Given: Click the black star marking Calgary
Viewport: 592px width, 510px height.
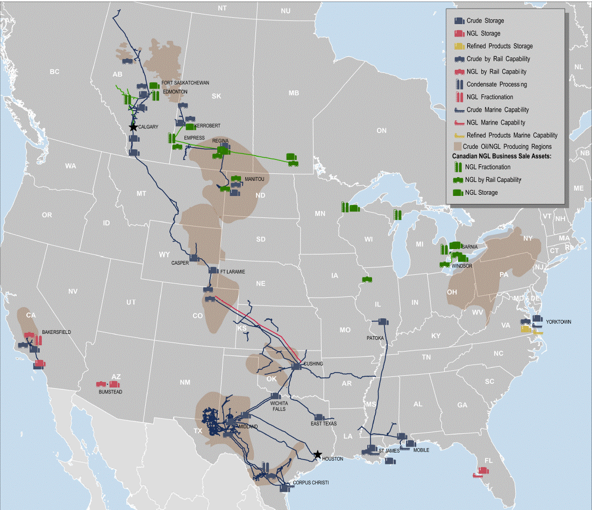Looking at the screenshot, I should pos(133,127).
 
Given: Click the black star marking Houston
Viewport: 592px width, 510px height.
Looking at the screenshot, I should pos(318,454).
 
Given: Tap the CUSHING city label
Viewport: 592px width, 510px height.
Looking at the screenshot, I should pos(314,364).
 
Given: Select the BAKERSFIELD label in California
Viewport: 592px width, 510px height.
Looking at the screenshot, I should pos(56,332).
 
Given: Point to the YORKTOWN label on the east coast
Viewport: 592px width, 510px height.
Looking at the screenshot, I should pos(558,322).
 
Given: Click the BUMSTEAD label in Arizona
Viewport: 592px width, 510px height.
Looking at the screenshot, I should pos(111,392).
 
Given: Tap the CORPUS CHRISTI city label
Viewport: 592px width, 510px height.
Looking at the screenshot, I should pos(310,483).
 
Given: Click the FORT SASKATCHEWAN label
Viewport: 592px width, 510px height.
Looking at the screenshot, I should pos(185,83).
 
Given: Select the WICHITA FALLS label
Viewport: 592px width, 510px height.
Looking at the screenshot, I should pos(279,406).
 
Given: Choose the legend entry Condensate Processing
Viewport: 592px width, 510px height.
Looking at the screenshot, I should pos(496,84).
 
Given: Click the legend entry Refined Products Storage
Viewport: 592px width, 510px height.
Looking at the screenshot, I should pos(500,46).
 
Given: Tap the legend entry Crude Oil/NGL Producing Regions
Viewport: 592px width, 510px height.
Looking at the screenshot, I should pos(509,147).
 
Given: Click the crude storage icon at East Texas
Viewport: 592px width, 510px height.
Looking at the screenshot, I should pos(318,417).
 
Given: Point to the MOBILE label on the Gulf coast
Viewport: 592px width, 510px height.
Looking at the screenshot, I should pos(421,450).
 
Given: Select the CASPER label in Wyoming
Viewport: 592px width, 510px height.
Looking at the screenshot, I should pos(180,263).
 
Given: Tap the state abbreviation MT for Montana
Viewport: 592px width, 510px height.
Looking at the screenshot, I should pos(141,193).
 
